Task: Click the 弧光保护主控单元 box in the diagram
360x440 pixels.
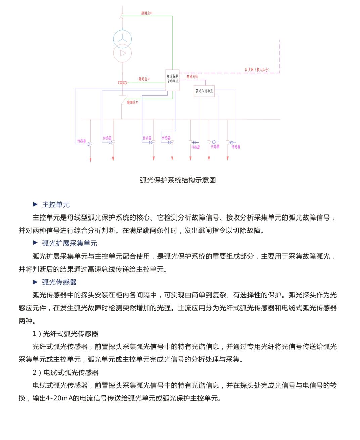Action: click(173, 80)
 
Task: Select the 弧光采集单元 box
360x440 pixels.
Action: click(204, 91)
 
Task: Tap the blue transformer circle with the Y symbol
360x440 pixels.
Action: click(122, 39)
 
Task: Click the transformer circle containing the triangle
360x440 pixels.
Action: click(122, 53)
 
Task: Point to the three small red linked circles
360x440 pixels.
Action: click(122, 83)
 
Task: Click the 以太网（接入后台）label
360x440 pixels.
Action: click(257, 70)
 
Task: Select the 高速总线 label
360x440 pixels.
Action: click(192, 77)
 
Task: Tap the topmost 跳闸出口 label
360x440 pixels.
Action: click(147, 13)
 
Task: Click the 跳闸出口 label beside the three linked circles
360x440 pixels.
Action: click(144, 79)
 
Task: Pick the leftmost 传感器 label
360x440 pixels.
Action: click(82, 141)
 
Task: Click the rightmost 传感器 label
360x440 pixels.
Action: click(236, 147)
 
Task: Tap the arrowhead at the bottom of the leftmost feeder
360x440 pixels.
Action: click(90, 160)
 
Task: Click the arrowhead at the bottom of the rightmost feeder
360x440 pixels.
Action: click(228, 158)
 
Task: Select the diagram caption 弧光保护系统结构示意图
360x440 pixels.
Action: click(178, 180)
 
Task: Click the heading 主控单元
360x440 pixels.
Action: click(56, 205)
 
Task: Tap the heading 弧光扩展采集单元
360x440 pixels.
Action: click(70, 243)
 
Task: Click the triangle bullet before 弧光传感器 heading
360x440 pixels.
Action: click(35, 282)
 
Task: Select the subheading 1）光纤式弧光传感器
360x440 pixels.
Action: click(65, 334)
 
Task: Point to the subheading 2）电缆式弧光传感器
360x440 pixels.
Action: click(65, 372)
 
